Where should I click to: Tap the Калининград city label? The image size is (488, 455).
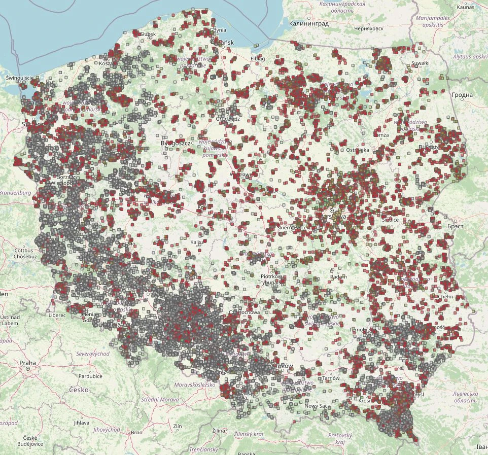309,23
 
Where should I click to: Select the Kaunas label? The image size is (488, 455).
465,7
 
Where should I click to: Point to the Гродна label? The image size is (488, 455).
462,95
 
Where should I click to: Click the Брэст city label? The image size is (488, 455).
456,226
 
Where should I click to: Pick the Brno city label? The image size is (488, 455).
136,432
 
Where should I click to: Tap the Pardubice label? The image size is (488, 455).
90,376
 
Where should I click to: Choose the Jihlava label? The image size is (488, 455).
81,422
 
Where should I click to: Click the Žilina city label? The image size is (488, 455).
219,431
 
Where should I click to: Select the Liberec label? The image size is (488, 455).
57,315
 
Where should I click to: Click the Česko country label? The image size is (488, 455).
79,390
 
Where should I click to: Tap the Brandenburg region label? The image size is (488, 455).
15,193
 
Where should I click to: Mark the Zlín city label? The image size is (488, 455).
177,426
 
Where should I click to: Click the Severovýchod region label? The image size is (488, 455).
92,353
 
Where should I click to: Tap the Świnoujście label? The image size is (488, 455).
20,78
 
